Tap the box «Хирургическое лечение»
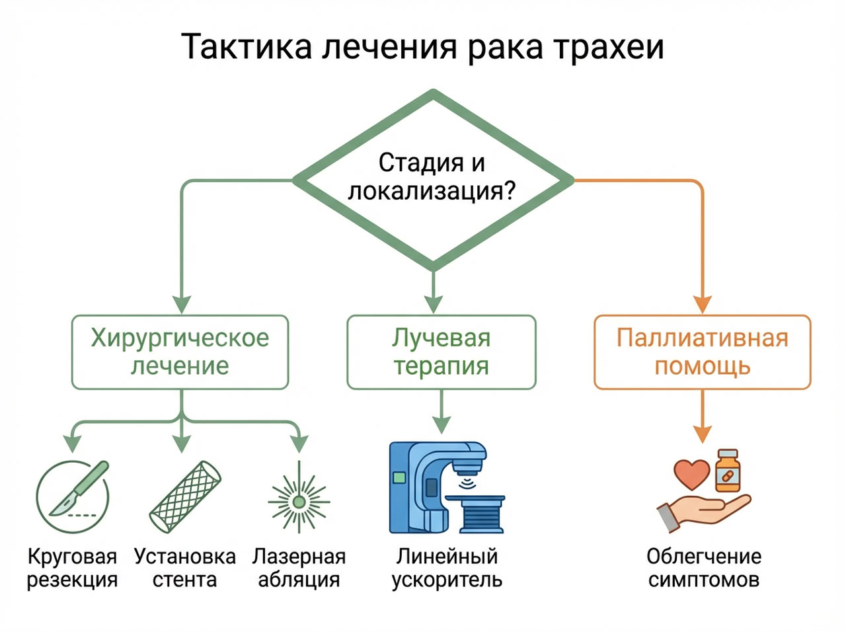180,352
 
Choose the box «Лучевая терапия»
441,352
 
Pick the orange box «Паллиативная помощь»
702,352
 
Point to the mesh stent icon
185,496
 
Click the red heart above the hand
691,473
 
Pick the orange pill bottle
727,471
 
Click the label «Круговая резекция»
72,568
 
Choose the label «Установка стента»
184,568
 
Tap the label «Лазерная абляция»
299,568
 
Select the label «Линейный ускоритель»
447,568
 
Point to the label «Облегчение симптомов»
703,568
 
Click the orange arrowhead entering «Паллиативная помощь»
702,304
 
